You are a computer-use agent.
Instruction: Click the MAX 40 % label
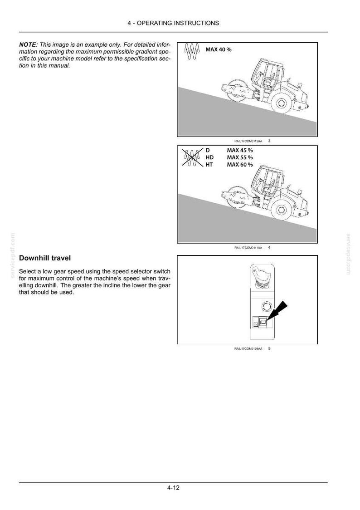click(x=219, y=49)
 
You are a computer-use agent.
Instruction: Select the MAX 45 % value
click(x=240, y=150)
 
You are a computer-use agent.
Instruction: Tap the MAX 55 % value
click(x=240, y=157)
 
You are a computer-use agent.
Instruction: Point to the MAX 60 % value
click(x=240, y=165)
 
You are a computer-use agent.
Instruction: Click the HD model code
click(x=209, y=157)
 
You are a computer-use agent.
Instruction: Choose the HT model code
click(x=209, y=165)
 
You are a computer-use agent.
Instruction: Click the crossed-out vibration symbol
click(x=192, y=158)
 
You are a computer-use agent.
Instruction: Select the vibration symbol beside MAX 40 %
click(x=192, y=51)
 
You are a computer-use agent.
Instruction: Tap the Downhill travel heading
click(x=45, y=258)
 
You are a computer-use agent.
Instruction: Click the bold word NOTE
click(x=29, y=44)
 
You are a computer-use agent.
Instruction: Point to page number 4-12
click(x=174, y=488)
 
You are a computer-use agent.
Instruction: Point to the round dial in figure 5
click(x=266, y=306)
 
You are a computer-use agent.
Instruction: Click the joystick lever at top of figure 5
click(x=262, y=275)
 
